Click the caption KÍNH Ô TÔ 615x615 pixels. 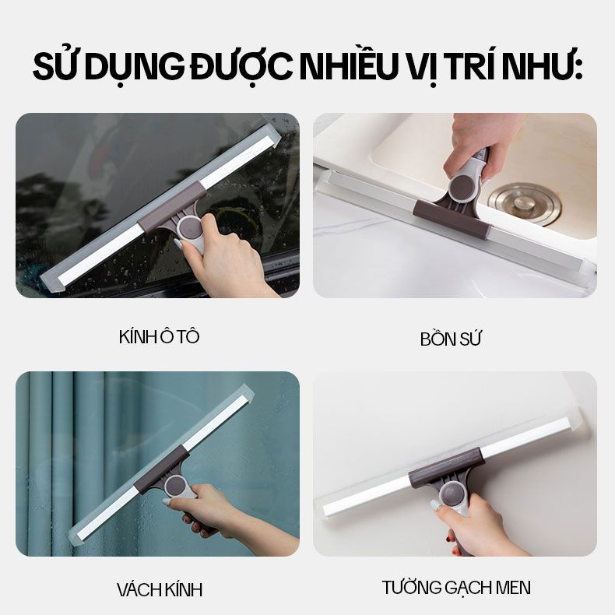[160, 336]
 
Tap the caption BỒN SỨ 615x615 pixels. [450, 339]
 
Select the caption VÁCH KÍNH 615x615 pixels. [160, 589]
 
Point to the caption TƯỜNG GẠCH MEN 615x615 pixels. [456, 587]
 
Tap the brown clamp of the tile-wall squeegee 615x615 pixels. [445, 467]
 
